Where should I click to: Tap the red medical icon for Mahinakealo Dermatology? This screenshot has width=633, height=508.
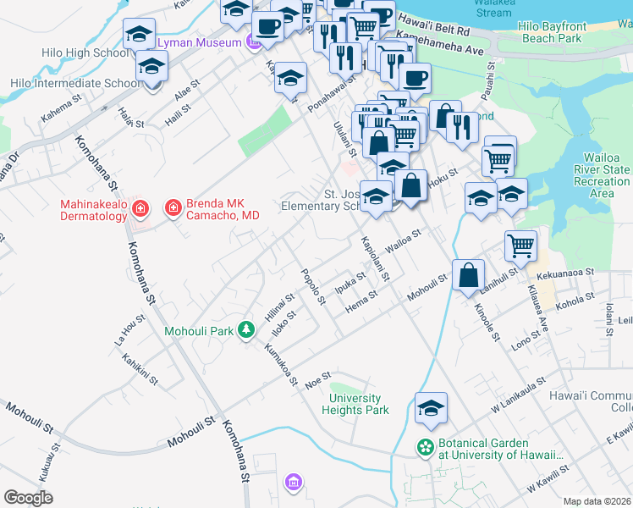140,207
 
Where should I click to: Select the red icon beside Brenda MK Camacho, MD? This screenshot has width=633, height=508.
173,207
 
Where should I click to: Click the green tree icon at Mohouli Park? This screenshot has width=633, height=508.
245,329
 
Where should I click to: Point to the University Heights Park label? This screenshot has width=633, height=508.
355,404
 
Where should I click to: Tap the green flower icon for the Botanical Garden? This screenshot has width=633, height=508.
425,446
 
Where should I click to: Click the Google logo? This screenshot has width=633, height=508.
28,498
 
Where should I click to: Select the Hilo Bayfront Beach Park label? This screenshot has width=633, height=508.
550,32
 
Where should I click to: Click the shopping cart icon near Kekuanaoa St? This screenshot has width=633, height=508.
521,246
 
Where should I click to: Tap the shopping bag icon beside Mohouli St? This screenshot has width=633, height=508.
468,275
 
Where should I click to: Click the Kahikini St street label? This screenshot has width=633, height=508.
140,371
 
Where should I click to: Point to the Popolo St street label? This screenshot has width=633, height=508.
314,286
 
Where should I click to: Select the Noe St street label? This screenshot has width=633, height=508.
316,382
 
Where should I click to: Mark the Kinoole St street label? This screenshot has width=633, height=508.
485,323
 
